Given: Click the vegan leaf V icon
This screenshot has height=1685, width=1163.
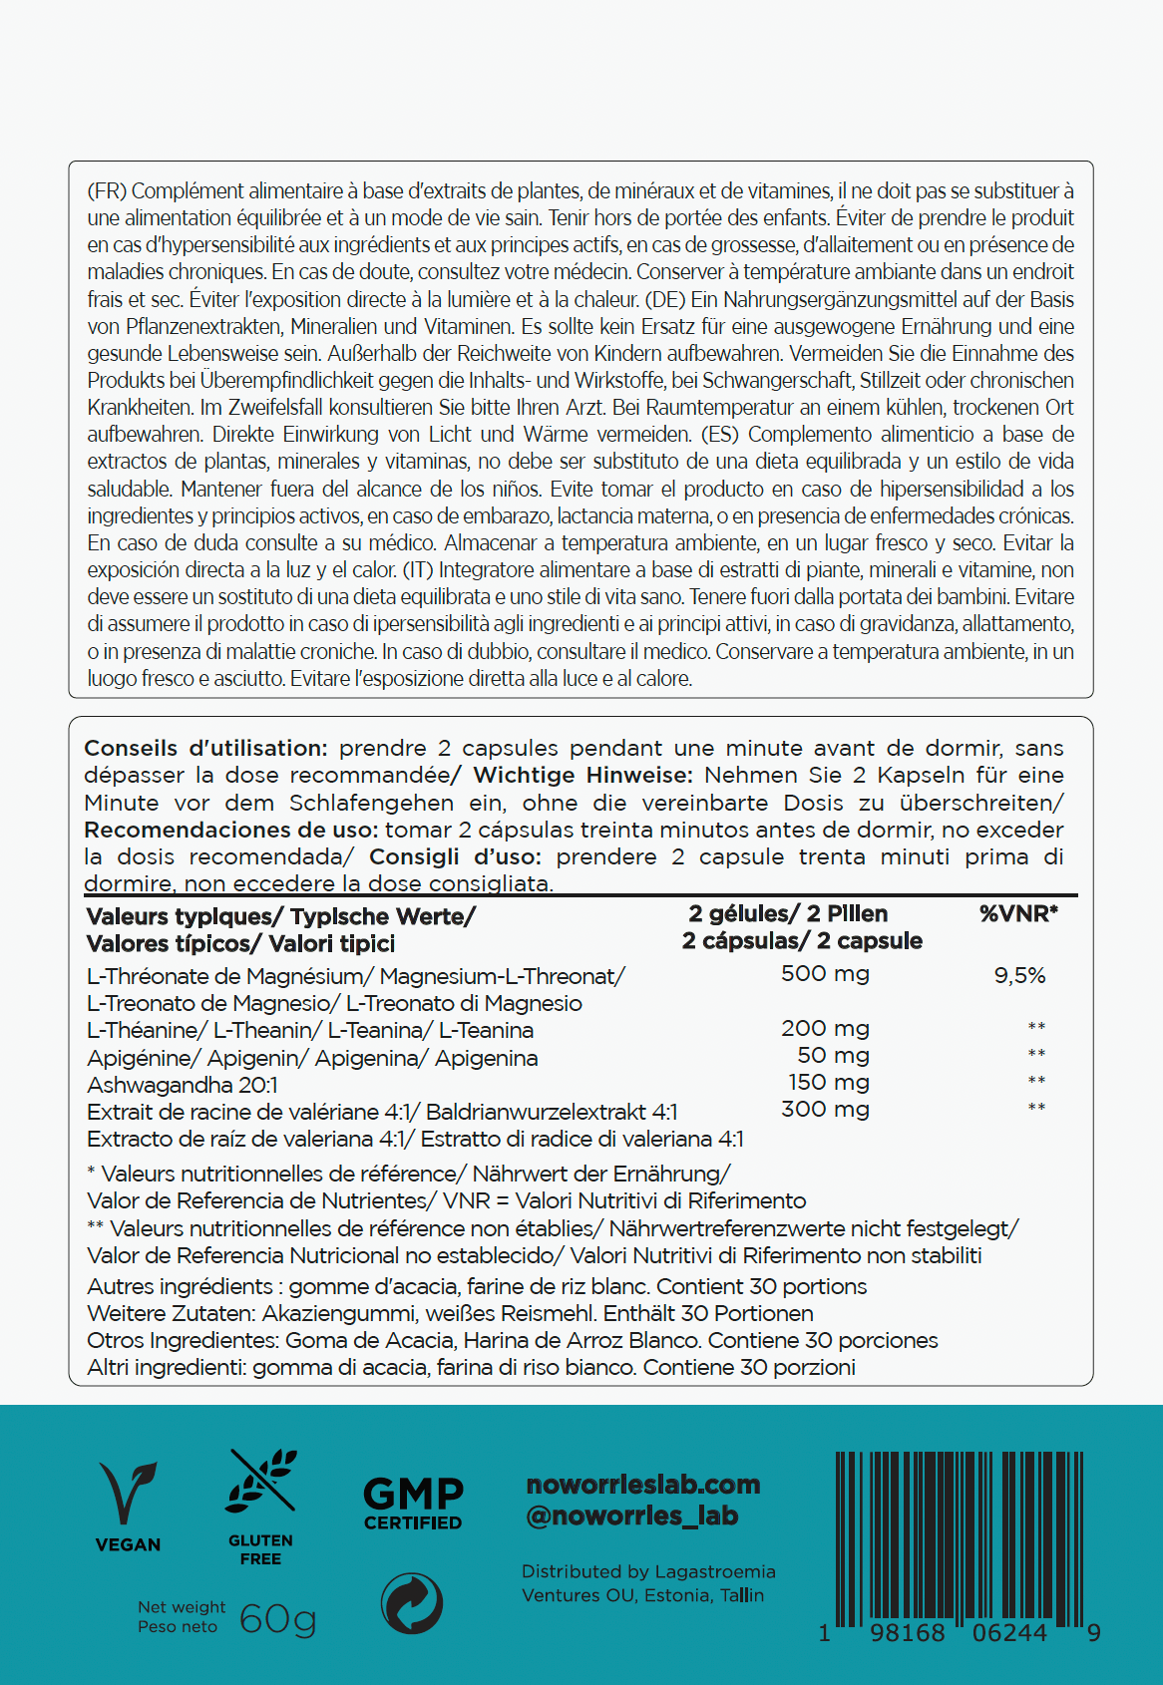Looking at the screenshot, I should click(x=128, y=1493).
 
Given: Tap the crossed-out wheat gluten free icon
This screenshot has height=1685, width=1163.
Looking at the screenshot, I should click(x=261, y=1483).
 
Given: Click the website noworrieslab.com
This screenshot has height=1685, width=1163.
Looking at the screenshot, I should click(x=643, y=1485).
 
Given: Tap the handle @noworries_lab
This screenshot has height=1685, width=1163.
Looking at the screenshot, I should click(x=632, y=1516).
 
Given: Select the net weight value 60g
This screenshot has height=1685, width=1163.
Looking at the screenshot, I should click(x=277, y=1617).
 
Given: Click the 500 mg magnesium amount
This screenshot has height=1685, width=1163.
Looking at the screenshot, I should click(x=825, y=974).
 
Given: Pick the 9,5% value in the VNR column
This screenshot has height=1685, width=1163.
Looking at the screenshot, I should click(x=1019, y=976).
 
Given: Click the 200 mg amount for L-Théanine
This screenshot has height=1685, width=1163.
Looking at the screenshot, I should click(x=825, y=1028).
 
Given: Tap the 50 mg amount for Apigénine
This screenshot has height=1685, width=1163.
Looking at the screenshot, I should click(x=833, y=1055).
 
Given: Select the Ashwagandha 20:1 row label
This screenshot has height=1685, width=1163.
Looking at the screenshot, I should click(x=183, y=1085).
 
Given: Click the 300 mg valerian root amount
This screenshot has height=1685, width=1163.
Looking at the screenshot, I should click(x=825, y=1109).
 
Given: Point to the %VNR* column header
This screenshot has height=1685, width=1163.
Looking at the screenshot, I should click(x=1018, y=913).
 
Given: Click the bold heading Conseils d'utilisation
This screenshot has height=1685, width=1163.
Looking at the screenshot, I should click(x=205, y=748).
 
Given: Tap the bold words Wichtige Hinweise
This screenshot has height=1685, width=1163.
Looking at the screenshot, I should click(x=582, y=775).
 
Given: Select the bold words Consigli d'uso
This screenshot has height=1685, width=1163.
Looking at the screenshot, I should click(x=455, y=856).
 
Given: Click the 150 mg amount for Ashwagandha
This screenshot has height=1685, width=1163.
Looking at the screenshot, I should click(x=829, y=1082).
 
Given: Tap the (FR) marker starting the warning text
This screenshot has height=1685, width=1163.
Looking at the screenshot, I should click(x=106, y=190).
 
